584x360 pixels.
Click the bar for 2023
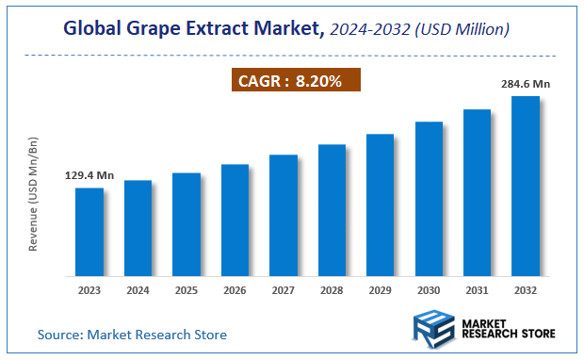(x=89, y=232)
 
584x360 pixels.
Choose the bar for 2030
(x=429, y=199)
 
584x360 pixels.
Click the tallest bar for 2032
(x=526, y=186)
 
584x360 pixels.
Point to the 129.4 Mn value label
(x=89, y=175)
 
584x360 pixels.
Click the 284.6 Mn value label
(x=526, y=84)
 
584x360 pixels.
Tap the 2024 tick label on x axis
(x=138, y=290)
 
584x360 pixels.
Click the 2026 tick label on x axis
(x=235, y=290)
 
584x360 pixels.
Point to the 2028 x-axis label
(x=332, y=290)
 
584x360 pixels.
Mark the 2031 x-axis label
(x=478, y=290)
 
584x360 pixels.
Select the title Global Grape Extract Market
(x=192, y=29)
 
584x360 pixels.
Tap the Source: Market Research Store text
(x=132, y=335)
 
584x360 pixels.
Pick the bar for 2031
(x=478, y=192)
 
